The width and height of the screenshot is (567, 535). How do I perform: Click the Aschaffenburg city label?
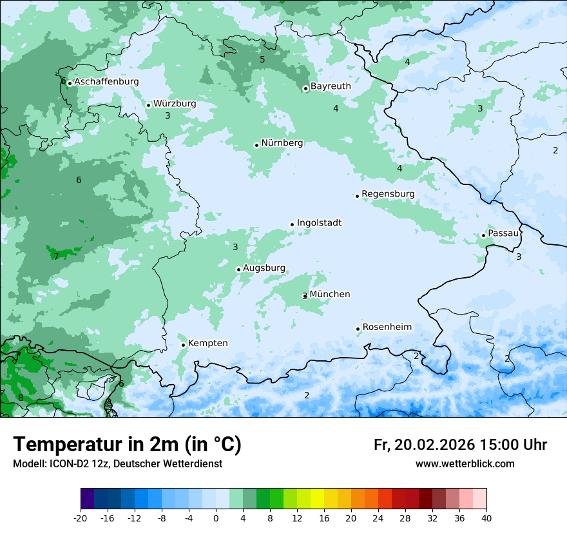106,82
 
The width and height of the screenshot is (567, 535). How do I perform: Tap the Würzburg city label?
175,104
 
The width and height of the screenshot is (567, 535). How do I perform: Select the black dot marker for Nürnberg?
256,145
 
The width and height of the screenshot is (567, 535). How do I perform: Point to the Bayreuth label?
331,86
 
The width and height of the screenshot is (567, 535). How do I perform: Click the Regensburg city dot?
357,196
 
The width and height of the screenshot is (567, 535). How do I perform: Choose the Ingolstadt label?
319,223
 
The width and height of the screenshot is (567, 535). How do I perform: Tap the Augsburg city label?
264,268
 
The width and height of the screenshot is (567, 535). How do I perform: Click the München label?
330,295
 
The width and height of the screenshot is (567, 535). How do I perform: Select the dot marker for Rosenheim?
358,329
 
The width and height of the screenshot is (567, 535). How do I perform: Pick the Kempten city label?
207,344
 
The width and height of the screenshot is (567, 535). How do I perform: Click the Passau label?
503,233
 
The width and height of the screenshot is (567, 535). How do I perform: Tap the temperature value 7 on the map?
56,257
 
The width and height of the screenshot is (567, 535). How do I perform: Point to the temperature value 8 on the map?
21,398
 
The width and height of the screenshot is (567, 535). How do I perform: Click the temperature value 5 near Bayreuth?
262,59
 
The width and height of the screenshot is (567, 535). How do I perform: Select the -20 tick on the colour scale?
81,518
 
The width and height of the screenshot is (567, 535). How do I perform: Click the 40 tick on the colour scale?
486,518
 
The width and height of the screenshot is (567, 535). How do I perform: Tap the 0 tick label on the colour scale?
216,518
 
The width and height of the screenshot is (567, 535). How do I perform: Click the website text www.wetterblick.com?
465,464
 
